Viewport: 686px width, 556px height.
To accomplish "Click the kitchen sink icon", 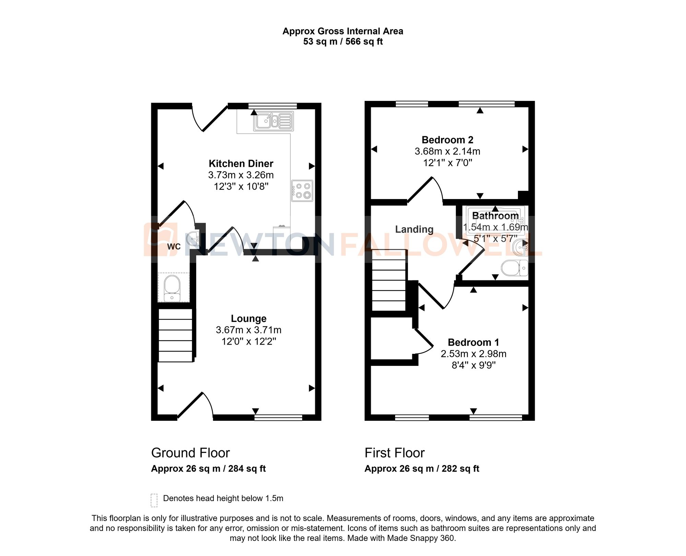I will pos(273,121).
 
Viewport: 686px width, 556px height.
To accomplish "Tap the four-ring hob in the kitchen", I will pos(302,191).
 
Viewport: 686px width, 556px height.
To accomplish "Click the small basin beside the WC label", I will pos(193,238).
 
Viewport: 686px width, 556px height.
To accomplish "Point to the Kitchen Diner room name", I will pos(241,163).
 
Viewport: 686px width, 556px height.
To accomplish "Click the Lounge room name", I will pos(248,318).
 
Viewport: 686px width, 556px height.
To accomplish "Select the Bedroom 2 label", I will pos(447,140).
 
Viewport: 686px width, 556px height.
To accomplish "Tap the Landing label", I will pos(414,229).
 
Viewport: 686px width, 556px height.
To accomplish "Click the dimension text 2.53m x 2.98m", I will pos(473,354).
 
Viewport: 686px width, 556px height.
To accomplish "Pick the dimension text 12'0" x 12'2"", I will pos(249,341).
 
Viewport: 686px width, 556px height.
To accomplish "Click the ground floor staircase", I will pos(175,335).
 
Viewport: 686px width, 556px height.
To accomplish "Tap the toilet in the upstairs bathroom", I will pos(513,268).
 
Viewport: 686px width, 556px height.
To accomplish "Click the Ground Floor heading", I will pos(190,453).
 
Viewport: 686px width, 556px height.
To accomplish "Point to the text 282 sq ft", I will pos(460,468).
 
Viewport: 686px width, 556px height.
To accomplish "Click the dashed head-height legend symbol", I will pos(154,500).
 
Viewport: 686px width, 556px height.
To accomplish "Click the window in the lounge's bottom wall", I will pos(278,417).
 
